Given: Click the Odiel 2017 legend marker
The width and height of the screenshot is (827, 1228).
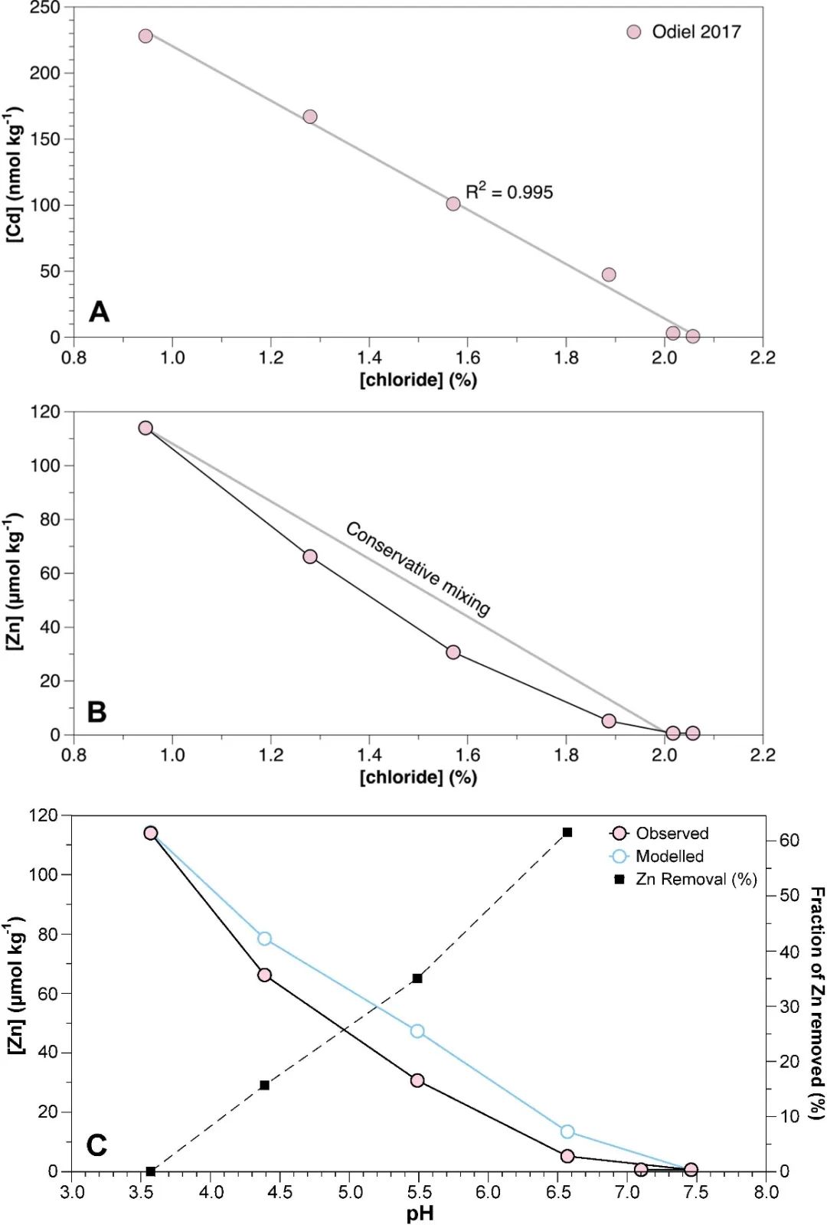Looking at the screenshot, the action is click(633, 32).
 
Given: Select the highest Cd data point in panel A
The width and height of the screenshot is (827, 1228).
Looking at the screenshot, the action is click(145, 36).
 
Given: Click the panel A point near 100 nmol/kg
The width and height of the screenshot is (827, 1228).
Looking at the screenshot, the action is click(453, 204).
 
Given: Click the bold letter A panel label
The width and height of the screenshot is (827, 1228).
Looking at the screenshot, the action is click(100, 312).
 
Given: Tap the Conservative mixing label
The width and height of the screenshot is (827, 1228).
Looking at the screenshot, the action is click(418, 569).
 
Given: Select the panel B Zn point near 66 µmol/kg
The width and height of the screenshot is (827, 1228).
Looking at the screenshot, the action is click(310, 557).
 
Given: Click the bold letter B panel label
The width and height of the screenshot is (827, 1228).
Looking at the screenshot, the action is click(97, 712).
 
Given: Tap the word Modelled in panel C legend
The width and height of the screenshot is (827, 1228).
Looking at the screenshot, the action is click(669, 856).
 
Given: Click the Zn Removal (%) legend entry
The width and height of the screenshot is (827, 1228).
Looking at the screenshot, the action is click(685, 879).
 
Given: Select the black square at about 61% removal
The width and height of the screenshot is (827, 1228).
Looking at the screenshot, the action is click(567, 832).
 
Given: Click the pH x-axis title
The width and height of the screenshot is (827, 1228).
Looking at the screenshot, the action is click(420, 1213).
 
